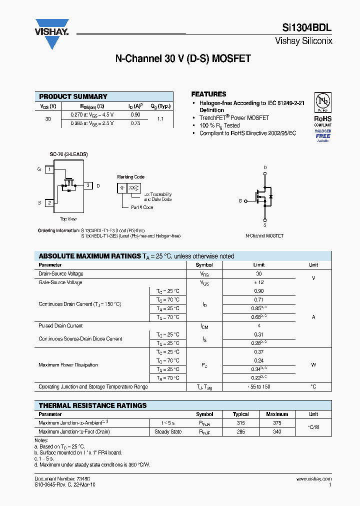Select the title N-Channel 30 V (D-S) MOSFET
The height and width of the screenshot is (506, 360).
[x=183, y=58]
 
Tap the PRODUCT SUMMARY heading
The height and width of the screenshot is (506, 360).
[x=73, y=96]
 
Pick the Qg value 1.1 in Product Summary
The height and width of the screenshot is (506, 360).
[x=160, y=119]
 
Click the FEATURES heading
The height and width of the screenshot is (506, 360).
[x=208, y=94]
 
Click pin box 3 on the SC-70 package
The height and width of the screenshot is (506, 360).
[x=88, y=185]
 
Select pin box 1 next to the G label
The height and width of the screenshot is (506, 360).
[x=49, y=169]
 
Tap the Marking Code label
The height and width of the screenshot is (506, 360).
[x=130, y=177]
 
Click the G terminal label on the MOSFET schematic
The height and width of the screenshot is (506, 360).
[x=240, y=200]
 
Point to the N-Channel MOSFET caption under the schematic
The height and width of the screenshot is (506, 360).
[x=264, y=235]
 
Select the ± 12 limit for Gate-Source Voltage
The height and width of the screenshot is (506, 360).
[x=259, y=282]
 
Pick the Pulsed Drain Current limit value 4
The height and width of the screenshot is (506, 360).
[x=259, y=325]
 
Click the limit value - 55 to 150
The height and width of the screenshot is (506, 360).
[x=259, y=386]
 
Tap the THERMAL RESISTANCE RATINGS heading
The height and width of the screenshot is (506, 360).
[x=92, y=405]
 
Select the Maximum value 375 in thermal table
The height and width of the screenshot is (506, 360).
[x=277, y=423]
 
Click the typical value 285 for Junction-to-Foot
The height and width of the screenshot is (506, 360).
[x=241, y=431]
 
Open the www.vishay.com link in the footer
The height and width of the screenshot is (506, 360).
[x=313, y=479]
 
